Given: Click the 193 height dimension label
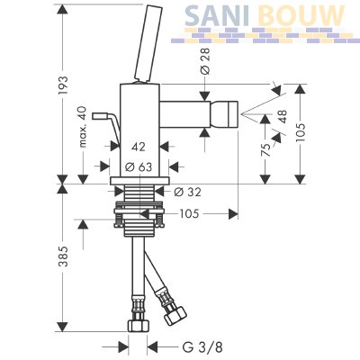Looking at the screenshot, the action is [x=64, y=85].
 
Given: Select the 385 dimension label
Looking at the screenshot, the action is [x=64, y=256].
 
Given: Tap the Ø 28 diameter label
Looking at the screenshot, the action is [x=205, y=61].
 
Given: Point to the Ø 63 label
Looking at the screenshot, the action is [x=139, y=166].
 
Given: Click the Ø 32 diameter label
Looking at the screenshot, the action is [x=188, y=192].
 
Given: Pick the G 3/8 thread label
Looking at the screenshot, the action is [x=202, y=347].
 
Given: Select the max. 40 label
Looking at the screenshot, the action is [x=83, y=127].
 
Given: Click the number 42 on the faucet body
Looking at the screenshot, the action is [x=139, y=147].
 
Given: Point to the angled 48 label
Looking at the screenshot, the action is [x=283, y=116].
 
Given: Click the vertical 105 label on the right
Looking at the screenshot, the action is [x=301, y=132].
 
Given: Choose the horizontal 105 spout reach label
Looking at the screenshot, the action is [x=189, y=214].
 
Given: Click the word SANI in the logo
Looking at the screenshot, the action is [x=217, y=15].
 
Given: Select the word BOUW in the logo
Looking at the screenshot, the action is [x=301, y=15].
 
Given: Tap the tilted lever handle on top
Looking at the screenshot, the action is [x=146, y=43].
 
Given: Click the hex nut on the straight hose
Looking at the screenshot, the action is [x=138, y=325].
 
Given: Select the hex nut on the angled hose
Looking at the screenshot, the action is [x=175, y=315].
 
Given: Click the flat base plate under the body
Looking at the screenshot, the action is [x=139, y=181].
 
